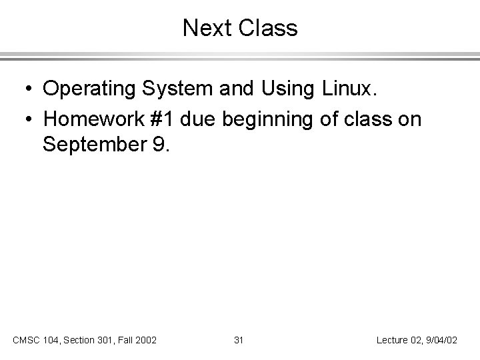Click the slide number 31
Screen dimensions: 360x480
point(239,340)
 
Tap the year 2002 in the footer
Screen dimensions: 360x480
point(145,340)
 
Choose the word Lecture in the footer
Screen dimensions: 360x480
point(392,340)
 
